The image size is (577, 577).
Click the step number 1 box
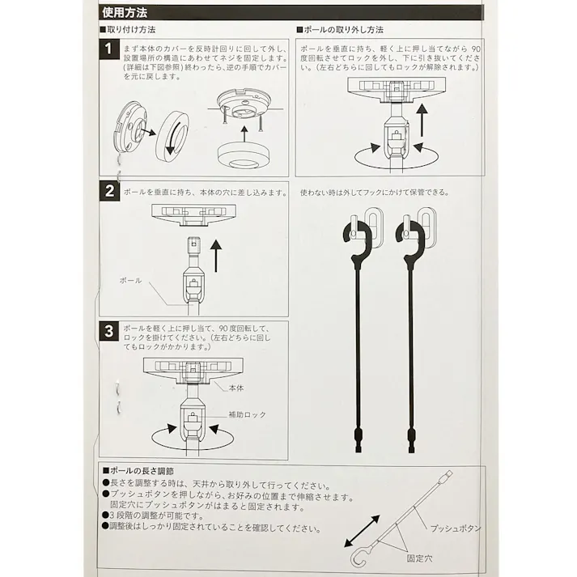[x=108, y=49]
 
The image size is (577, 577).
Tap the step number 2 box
[x=108, y=192]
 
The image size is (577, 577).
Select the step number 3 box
[x=108, y=331]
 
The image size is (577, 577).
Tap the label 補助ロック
[x=247, y=414]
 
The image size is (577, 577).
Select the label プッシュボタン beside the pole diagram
[x=456, y=528]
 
